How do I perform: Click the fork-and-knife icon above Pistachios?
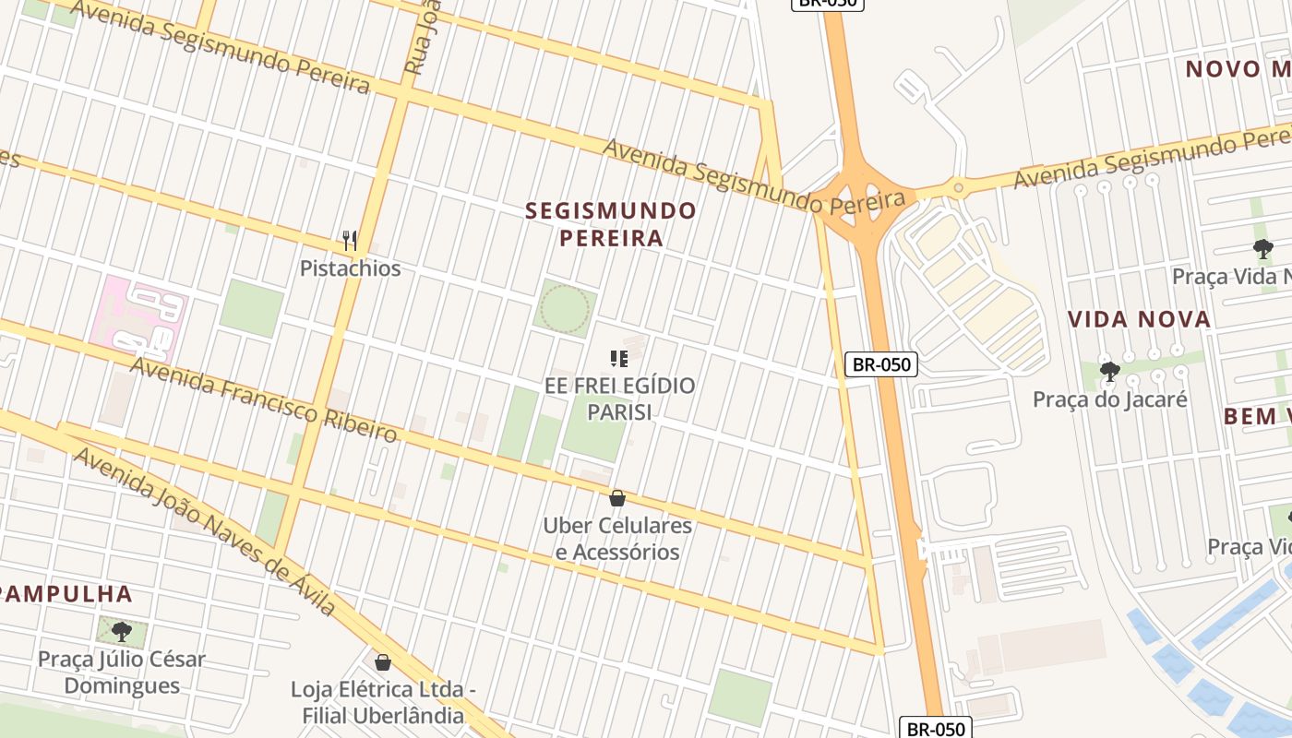pyautogui.click(x=350, y=241)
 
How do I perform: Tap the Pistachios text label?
pyautogui.click(x=350, y=268)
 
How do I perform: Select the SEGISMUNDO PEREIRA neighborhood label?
pyautogui.click(x=610, y=224)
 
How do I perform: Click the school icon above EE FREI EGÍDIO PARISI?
pyautogui.click(x=618, y=358)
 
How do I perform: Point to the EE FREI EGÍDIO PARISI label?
pyautogui.click(x=619, y=399)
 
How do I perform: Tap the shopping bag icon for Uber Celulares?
pyautogui.click(x=617, y=498)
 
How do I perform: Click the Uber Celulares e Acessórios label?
pyautogui.click(x=617, y=539)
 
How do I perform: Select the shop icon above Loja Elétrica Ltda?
pyautogui.click(x=383, y=662)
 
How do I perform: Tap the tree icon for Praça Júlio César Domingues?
pyautogui.click(x=121, y=632)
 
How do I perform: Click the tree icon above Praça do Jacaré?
pyautogui.click(x=1109, y=372)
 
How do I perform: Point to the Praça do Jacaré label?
pyautogui.click(x=1109, y=399)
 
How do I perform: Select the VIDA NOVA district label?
pyautogui.click(x=1139, y=320)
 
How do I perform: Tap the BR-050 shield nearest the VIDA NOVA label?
pyautogui.click(x=881, y=364)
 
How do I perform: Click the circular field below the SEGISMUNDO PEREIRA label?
pyautogui.click(x=564, y=308)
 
